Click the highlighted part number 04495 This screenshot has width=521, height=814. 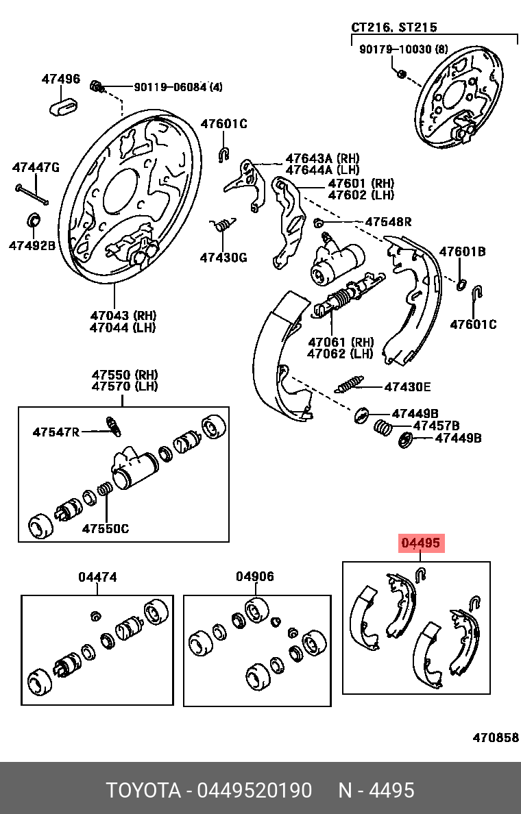pos(421,544)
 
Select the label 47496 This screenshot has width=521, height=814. pos(60,79)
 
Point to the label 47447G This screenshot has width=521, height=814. pos(36,167)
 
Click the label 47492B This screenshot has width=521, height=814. pos(32,245)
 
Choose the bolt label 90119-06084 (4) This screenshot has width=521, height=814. pos(178,87)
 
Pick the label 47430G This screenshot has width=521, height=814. pos(223,258)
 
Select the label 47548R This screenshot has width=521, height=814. pos(388,222)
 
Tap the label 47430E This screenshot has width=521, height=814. pos(407,387)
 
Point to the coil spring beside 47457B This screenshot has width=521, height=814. pos(383,428)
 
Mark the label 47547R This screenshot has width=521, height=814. pos(56,432)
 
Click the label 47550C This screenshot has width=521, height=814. pos(105,528)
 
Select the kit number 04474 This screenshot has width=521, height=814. pos(97,577)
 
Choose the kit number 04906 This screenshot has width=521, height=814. pos(255,577)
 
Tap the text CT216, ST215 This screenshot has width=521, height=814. pos(393,27)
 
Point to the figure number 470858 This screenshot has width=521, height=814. pos(495,738)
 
